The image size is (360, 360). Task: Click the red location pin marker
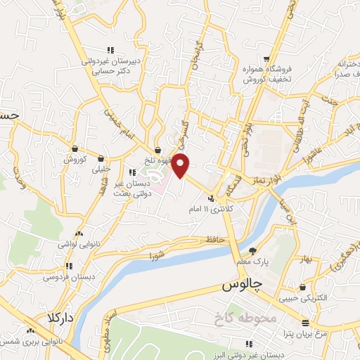pos(181,165)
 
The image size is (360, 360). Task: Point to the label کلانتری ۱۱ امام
pos(210,210)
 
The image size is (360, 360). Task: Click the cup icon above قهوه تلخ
pos(157,150)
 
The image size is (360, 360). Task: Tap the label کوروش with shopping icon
pos(75,159)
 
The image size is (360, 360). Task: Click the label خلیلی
pos(101,169)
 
